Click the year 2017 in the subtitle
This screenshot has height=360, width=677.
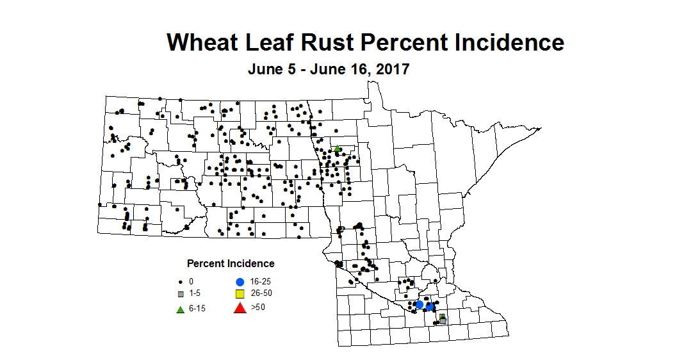click(x=389, y=69)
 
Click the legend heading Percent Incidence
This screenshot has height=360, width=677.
click(x=231, y=263)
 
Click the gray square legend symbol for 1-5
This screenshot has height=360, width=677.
click(x=181, y=295)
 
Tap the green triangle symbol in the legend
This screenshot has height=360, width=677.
click(x=181, y=309)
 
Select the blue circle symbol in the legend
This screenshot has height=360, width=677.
click(x=240, y=282)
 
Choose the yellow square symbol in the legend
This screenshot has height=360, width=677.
click(x=240, y=295)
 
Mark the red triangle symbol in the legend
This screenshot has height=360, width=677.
click(x=240, y=309)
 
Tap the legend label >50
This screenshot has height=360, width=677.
click(x=258, y=307)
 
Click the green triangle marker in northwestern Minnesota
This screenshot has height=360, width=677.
click(x=337, y=149)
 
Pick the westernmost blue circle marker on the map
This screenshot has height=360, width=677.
click(x=419, y=304)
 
